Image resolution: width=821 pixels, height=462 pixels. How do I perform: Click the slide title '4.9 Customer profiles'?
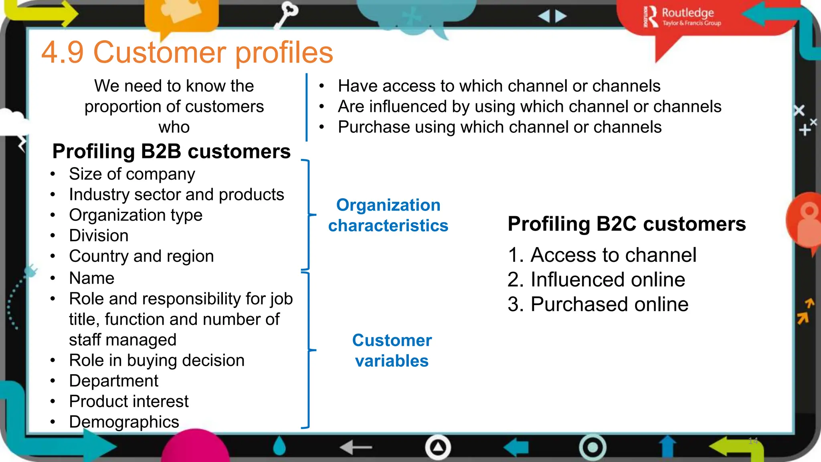coord(187,53)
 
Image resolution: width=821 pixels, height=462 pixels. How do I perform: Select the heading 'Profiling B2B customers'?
coord(171,152)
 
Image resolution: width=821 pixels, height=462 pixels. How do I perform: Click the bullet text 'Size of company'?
coord(132,174)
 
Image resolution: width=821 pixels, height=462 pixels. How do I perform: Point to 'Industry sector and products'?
coord(176,195)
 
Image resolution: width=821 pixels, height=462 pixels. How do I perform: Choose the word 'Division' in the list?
coord(99,236)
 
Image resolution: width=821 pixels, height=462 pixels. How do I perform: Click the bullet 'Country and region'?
coord(141,256)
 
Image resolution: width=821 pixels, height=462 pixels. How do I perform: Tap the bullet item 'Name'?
coord(91,278)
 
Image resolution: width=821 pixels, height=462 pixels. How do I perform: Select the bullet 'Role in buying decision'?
coord(156,361)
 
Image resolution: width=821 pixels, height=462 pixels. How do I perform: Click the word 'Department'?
coord(113,381)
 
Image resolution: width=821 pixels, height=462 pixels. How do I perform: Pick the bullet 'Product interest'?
coord(128,401)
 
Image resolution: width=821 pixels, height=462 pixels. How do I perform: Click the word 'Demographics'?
coord(124,422)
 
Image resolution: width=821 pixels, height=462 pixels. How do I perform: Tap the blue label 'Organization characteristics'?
coord(388,215)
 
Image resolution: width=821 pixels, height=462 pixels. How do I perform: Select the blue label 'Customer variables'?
coord(392,351)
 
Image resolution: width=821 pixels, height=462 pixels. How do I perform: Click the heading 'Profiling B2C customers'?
coord(626,224)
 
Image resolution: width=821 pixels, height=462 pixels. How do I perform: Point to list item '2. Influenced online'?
coord(596,280)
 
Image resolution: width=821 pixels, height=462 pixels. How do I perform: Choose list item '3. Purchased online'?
coord(598,304)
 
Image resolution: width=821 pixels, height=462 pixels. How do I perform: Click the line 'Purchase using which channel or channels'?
coord(499,127)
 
